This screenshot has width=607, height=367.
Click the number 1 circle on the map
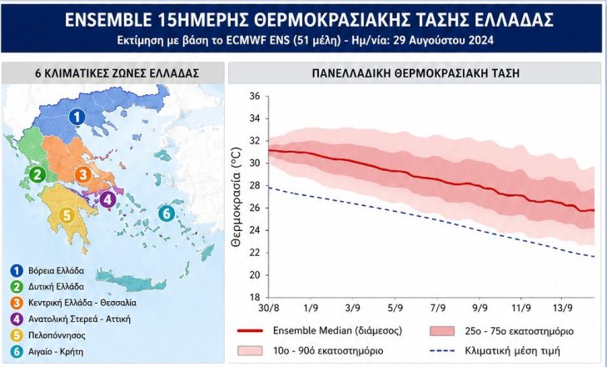point(77,117)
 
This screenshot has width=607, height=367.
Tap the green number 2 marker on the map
point(37,175)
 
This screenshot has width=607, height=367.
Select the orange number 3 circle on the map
point(83,175)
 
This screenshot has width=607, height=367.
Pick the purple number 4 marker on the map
point(107,200)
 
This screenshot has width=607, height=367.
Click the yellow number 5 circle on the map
point(67,215)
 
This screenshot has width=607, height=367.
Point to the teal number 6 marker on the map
point(167,214)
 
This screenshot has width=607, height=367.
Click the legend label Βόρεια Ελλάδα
point(56,271)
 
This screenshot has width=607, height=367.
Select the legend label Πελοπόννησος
point(57,335)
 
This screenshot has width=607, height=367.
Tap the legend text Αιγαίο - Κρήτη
point(56,352)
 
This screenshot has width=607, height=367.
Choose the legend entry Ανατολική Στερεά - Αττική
point(79,319)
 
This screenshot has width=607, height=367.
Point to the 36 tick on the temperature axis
point(254,96)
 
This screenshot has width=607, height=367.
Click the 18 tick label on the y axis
point(254,298)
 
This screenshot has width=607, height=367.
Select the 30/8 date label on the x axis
point(269,308)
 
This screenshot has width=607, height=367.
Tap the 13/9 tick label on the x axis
point(563,308)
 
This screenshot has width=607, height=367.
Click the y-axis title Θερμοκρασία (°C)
point(236,197)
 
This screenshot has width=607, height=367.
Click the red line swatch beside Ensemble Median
point(250,331)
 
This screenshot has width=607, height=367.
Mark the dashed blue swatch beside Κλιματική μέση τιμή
point(442,351)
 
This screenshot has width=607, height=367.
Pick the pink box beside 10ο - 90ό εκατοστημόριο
point(250,350)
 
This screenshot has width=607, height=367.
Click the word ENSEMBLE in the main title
point(108,20)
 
